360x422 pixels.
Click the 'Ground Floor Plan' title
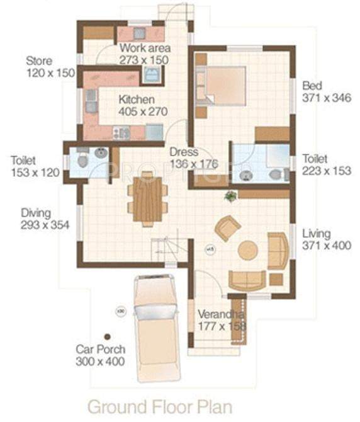tap(159, 406)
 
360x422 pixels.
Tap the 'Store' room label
tap(38, 61)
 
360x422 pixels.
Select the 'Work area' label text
tap(141, 48)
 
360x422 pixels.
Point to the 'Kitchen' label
tap(137, 100)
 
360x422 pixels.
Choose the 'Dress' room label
tap(184, 152)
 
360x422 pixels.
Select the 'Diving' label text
tap(35, 213)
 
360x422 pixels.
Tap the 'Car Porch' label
tap(101, 349)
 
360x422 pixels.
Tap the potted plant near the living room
tap(230, 196)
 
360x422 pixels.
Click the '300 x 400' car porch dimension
tap(101, 362)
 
